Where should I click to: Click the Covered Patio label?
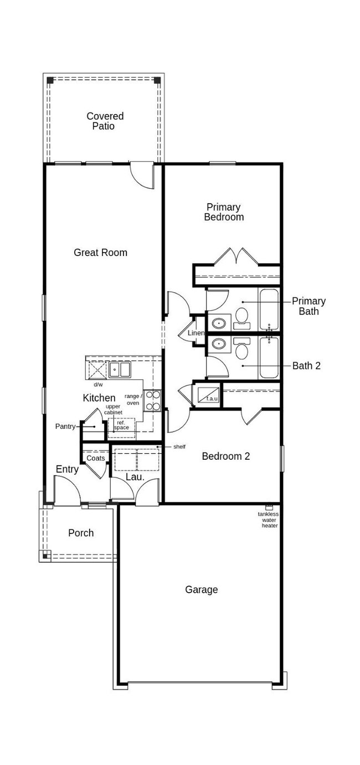105,121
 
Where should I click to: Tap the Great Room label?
100,253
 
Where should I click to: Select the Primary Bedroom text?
224,212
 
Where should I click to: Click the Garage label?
201,590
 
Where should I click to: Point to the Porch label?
81,533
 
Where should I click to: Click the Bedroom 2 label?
225,456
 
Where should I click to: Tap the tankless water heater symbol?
269,507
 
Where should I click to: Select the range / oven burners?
153,401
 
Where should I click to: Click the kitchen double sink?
120,369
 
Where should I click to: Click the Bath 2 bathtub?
269,358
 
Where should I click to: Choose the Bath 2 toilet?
241,349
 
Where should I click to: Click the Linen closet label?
196,333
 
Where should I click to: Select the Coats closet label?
95,458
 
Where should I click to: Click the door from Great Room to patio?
142,174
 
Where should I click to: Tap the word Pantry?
65,427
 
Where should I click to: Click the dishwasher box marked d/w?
97,369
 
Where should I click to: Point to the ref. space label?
121,425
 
